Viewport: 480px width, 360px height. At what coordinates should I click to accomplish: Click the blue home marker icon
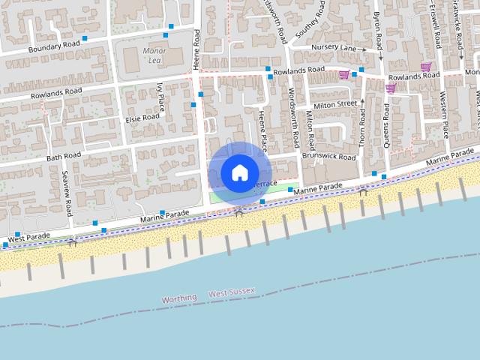[239, 172]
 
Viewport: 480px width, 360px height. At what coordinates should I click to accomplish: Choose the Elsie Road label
[142, 117]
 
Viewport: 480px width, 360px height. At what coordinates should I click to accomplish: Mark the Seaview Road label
[67, 192]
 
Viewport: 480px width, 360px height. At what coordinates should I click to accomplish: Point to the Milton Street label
[336, 104]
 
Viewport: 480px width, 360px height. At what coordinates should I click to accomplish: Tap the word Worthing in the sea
[179, 298]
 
